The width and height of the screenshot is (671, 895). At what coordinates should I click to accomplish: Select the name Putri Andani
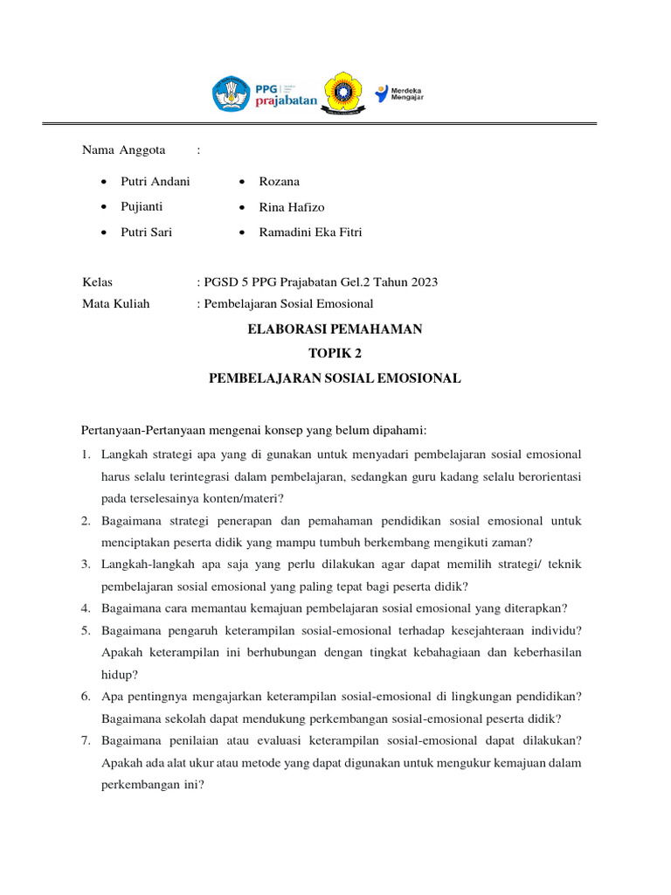(x=155, y=182)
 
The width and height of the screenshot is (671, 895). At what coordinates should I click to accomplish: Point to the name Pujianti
(x=142, y=207)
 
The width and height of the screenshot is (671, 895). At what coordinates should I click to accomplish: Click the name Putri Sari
(x=146, y=232)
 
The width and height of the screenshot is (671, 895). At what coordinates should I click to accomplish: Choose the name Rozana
(x=279, y=182)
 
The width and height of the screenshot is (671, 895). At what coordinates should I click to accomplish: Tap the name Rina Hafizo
(x=291, y=207)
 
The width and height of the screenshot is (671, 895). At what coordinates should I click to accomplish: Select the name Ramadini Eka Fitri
(x=310, y=232)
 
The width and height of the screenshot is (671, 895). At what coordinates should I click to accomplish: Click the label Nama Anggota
(x=123, y=150)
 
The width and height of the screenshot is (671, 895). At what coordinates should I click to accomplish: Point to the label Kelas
(x=97, y=282)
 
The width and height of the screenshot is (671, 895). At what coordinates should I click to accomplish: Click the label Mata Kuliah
(x=115, y=304)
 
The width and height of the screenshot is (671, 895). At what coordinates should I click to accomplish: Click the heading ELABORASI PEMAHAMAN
(x=335, y=330)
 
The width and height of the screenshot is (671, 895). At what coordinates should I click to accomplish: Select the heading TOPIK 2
(x=335, y=354)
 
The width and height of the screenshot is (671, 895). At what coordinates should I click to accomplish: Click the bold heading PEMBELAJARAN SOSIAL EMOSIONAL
(x=335, y=378)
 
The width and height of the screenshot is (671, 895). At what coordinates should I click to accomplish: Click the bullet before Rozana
(x=241, y=182)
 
